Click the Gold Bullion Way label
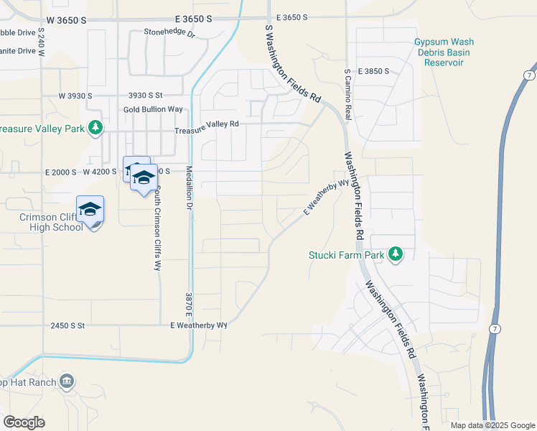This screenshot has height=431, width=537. point(153,109)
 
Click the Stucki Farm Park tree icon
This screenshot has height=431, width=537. point(395,254)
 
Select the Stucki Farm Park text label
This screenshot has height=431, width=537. point(347,254)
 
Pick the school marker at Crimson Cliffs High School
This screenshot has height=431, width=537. point(90,209)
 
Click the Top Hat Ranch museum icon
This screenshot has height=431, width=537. point(67,381)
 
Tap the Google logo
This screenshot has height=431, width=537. point(24,422)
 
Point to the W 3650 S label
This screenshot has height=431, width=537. point(63,22)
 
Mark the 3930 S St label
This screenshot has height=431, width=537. point(146,95)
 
